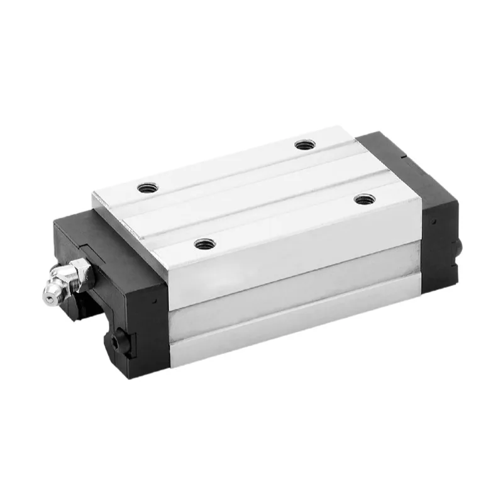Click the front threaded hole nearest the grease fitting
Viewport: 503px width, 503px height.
tap(202, 243)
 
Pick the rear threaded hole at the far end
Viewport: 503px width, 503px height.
tap(304, 145)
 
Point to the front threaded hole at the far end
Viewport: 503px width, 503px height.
tap(363, 199)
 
